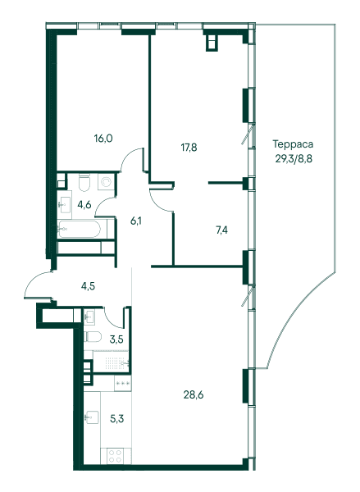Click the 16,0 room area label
coord(103,138)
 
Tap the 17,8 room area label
coord(189,147)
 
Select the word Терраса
coord(293,144)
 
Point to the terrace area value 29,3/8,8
coord(294,159)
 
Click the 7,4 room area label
coord(221,230)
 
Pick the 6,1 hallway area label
coord(136,221)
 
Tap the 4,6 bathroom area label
coord(84,205)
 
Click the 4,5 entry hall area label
coord(88,286)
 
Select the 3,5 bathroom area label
coord(116,339)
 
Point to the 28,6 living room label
coord(194,394)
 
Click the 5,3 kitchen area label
coord(116,418)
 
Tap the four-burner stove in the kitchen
coord(115,456)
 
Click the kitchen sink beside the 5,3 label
coord(92,417)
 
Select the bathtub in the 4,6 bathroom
coord(79,229)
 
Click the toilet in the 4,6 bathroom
coord(84,182)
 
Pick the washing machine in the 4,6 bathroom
coord(107,182)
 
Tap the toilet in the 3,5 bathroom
coord(93,337)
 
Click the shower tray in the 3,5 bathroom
coord(112,362)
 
